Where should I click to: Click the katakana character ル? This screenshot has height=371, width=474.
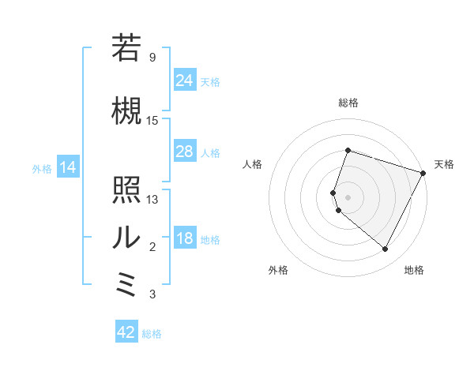[126, 237]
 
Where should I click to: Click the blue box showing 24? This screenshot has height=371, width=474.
[184, 81]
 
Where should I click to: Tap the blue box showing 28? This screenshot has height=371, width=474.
[184, 152]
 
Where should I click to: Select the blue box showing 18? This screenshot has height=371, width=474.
[184, 239]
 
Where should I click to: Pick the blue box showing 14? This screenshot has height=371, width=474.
[67, 167]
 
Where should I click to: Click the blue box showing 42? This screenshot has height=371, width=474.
[126, 332]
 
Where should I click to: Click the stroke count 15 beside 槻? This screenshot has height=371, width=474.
[152, 120]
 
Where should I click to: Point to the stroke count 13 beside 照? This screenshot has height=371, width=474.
[152, 199]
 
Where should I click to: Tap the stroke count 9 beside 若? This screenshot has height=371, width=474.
[152, 58]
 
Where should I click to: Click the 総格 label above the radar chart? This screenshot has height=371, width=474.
[348, 103]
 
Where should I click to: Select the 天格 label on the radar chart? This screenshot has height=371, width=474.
[444, 164]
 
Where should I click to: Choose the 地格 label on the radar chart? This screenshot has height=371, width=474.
[414, 270]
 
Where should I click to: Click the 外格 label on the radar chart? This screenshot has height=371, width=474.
[278, 270]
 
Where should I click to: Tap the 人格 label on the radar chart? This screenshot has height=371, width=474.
[253, 164]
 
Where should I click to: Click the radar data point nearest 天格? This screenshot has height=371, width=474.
[423, 173]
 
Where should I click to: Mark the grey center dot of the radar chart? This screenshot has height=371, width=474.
[348, 197]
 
